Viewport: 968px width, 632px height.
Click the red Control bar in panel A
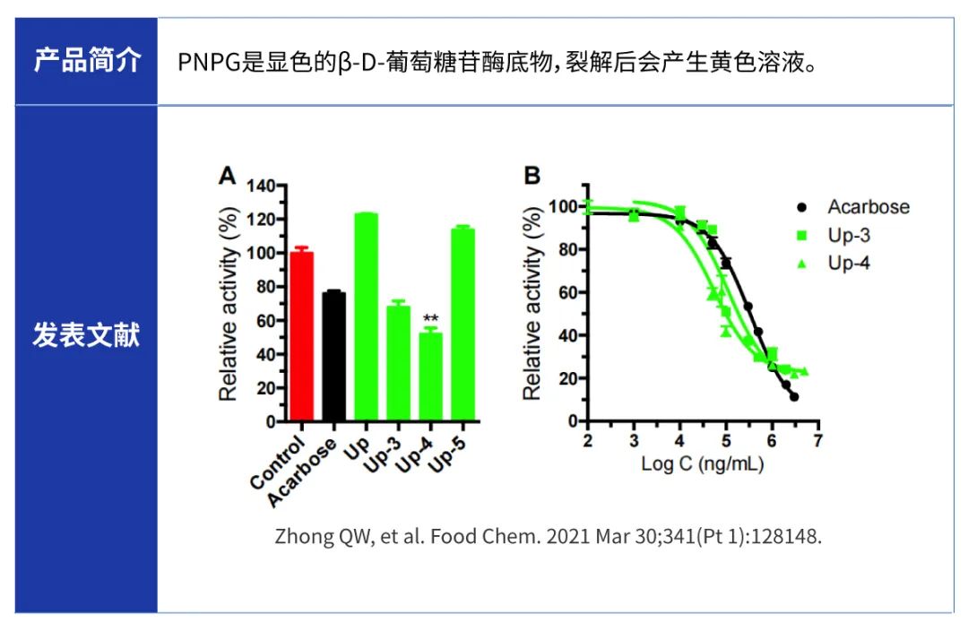301,336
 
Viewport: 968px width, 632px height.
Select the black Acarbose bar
333,356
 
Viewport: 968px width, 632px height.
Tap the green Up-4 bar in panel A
430,376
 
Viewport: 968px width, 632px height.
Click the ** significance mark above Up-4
430,318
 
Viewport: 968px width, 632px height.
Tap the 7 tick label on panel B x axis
817,441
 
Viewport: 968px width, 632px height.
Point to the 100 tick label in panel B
563,207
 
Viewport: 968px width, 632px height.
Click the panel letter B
532,176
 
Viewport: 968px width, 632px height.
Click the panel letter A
229,176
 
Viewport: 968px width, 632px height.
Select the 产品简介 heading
87,61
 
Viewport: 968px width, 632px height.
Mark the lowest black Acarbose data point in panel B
794,396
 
